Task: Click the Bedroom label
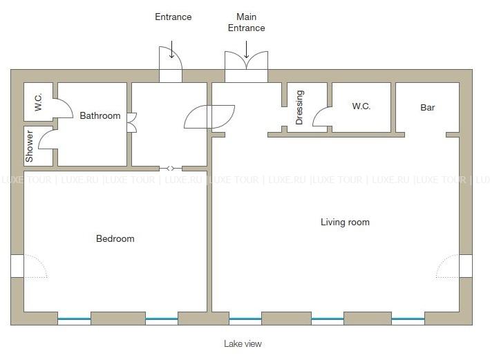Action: [x=115, y=239]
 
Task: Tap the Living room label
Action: [x=345, y=222]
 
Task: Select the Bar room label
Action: [x=428, y=108]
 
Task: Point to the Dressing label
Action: [x=299, y=107]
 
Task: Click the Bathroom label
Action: [x=100, y=115]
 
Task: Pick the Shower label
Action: [x=29, y=146]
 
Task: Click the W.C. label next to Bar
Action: [x=361, y=106]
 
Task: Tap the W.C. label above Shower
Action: [x=38, y=102]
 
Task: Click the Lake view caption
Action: [x=243, y=343]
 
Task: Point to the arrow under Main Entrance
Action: [x=246, y=49]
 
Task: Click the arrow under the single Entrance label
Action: [x=171, y=49]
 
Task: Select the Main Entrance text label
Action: [x=246, y=22]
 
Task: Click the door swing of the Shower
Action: [x=46, y=140]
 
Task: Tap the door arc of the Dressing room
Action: [x=320, y=117]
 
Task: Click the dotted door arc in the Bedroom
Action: [x=36, y=266]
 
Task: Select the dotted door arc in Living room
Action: [x=448, y=266]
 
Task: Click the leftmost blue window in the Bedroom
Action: [x=74, y=319]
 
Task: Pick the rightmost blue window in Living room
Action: [x=408, y=319]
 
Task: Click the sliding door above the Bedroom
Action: [x=170, y=169]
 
